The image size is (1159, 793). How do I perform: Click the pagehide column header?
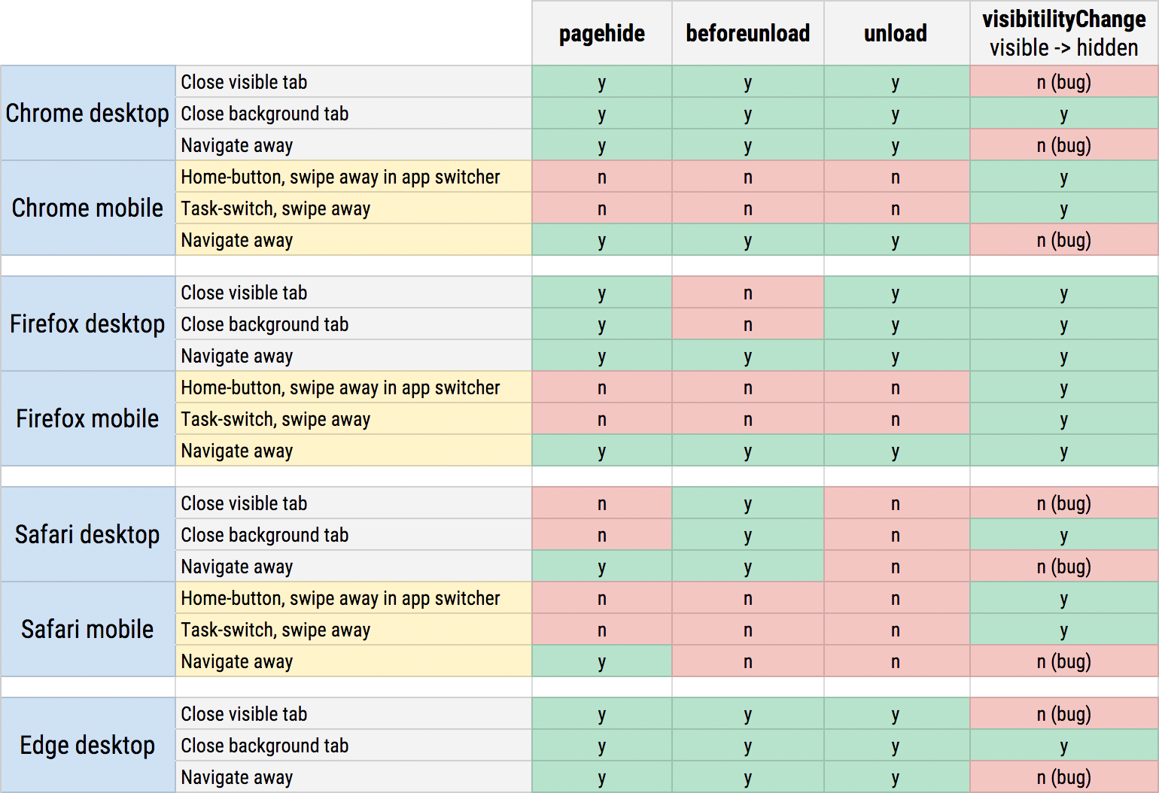[601, 34]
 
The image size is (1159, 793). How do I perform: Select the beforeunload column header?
[747, 34]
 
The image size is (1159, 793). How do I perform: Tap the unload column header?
[896, 34]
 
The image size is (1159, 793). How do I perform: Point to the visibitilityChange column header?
[1063, 33]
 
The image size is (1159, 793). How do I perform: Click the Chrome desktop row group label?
[87, 114]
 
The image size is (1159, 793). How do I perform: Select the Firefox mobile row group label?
[87, 419]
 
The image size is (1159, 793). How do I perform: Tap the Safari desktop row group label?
[87, 535]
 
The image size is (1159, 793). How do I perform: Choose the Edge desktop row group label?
[87, 746]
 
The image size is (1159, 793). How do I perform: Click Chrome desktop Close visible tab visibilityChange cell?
[1063, 82]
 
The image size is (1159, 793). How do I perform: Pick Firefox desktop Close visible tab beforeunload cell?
[747, 293]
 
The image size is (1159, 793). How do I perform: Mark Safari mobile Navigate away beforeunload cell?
[747, 661]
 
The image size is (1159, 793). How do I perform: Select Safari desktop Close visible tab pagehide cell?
[601, 503]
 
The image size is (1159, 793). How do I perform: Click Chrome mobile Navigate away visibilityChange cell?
[1063, 240]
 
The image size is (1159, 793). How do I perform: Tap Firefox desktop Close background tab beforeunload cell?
[747, 324]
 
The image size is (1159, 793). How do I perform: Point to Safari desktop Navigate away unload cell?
[896, 567]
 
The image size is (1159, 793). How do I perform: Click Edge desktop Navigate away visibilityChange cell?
[1063, 777]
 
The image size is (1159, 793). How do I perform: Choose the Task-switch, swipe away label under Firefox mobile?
[275, 419]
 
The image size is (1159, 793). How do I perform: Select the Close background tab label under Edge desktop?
[265, 746]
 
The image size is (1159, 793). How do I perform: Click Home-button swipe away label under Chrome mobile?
[340, 177]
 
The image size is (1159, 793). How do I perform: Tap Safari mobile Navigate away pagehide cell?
[601, 661]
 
